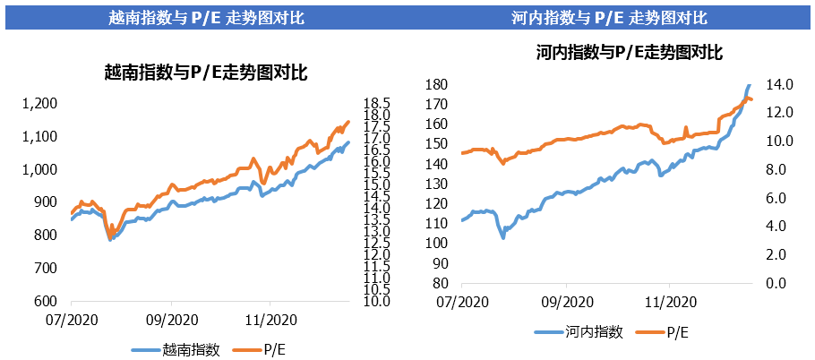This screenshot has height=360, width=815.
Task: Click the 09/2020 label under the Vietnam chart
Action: (x=171, y=319)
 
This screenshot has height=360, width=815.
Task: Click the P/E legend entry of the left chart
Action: (x=270, y=350)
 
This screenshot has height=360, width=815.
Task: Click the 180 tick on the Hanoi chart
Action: (x=436, y=84)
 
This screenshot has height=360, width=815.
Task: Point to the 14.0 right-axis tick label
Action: (x=776, y=84)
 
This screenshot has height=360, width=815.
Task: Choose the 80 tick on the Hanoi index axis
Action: (x=440, y=283)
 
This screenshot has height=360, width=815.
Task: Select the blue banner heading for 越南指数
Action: (x=204, y=17)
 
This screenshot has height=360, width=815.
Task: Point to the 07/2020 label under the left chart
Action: (x=71, y=319)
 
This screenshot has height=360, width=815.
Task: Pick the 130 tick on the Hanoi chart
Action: (x=436, y=184)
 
